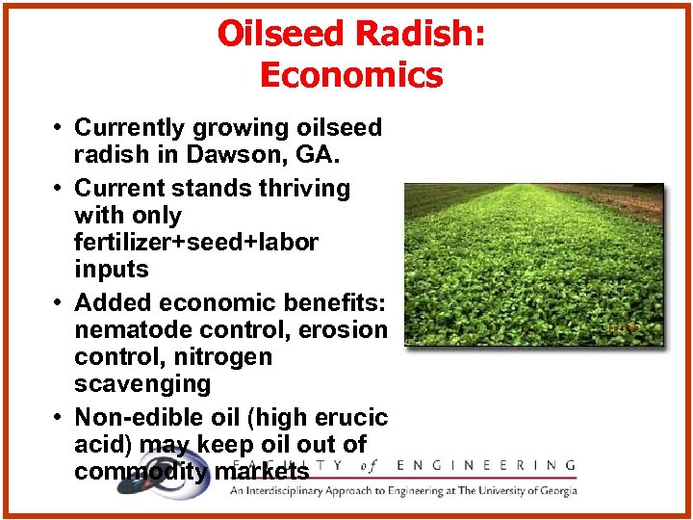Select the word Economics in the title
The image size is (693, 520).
pos(351,75)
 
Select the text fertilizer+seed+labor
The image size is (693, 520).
pos(195,242)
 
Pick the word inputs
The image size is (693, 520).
pos(111,269)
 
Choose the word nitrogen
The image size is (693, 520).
pos(222,356)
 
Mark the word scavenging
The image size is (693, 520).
pos(142,383)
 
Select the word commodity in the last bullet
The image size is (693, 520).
pos(140,472)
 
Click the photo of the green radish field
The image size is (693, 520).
pos(533,264)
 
